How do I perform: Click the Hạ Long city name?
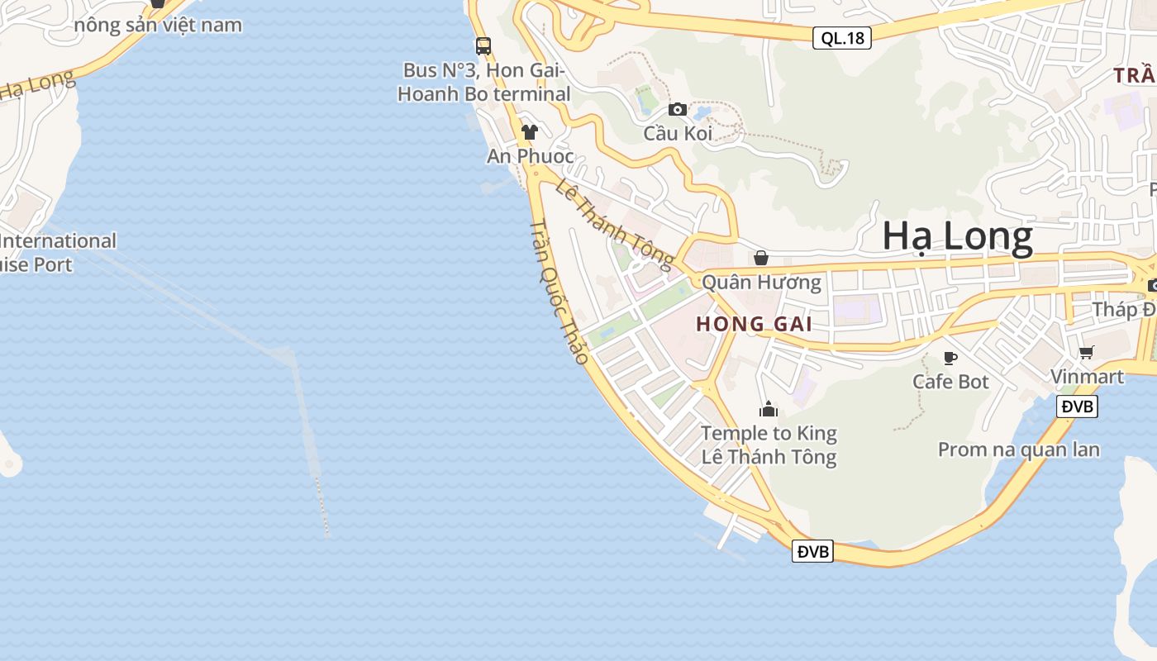(957, 237)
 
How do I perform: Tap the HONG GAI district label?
(754, 324)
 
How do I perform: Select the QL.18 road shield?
(841, 38)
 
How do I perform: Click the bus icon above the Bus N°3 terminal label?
(483, 46)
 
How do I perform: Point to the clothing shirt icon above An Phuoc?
(530, 132)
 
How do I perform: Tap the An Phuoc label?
(530, 156)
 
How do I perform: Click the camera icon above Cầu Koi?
(678, 109)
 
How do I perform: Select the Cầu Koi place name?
(678, 133)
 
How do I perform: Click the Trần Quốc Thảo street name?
(559, 292)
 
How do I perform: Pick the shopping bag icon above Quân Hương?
(761, 258)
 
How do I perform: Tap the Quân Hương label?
(761, 283)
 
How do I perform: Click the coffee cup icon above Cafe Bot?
(950, 358)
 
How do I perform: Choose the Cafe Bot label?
(950, 382)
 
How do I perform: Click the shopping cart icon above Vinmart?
(1087, 353)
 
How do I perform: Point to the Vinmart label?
(1087, 377)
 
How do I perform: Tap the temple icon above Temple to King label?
(769, 409)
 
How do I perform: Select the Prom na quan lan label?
(1018, 449)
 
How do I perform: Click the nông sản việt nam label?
(158, 25)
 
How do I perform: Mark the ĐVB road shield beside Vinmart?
(1077, 407)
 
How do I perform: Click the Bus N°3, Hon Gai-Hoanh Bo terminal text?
(483, 82)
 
